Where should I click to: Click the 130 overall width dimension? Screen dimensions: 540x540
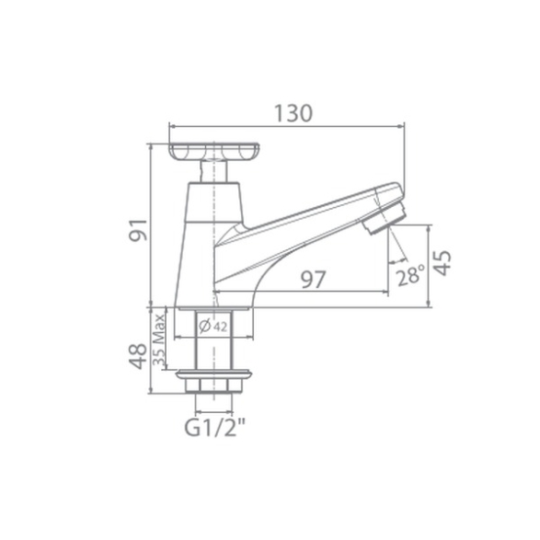293,113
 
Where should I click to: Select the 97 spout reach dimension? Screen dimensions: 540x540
314,280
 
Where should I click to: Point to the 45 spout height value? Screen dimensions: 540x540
442,263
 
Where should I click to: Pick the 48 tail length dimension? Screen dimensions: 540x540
138,356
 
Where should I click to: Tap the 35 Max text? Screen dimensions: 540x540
159,339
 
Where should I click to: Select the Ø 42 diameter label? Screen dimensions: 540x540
213,326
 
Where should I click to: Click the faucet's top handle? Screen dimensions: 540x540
213,152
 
